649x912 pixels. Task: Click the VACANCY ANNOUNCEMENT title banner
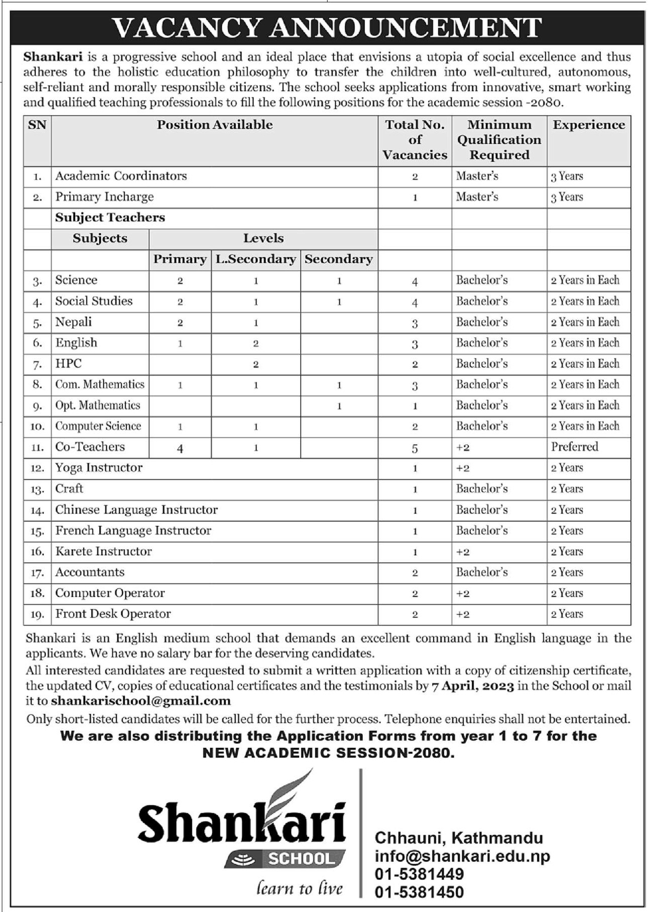[x=327, y=28]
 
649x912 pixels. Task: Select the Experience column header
[x=589, y=125]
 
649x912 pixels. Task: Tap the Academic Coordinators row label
[x=121, y=176]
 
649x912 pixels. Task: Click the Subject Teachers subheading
[x=110, y=218]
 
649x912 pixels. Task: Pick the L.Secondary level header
[x=255, y=259]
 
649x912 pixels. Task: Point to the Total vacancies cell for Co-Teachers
[x=415, y=448]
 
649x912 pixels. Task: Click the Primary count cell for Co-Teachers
[x=180, y=448]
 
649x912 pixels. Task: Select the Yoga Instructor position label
[x=99, y=468]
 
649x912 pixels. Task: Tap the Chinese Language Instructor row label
[x=137, y=510]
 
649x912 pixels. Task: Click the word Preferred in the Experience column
[x=574, y=447]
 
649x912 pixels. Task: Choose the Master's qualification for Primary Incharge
[x=477, y=197]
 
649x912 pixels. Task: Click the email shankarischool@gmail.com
[x=141, y=701]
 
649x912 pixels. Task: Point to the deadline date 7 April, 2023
[x=472, y=686]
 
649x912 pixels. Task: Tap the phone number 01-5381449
[x=419, y=874]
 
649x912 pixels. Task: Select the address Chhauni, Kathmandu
[x=459, y=838]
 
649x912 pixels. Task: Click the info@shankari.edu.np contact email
[x=462, y=856]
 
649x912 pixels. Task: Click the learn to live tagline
[x=300, y=888]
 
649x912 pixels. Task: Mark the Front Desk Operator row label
[x=113, y=614]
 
